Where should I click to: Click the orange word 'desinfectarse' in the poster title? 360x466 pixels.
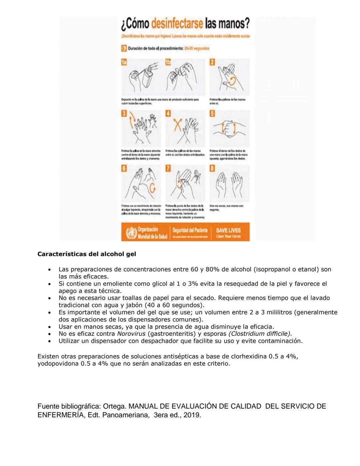(x=177, y=23)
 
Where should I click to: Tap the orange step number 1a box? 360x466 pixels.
(x=124, y=62)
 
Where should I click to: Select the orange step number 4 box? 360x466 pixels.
(x=168, y=113)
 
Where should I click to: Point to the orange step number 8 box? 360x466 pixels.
(x=212, y=168)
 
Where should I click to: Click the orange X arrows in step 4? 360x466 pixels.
(x=178, y=126)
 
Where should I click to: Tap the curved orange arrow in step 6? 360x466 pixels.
(x=152, y=188)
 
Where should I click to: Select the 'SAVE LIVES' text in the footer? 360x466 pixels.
(x=228, y=230)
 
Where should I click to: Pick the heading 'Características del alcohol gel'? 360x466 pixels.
(x=87, y=254)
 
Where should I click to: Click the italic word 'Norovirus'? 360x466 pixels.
(x=131, y=334)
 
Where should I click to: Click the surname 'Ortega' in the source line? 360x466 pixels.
(x=114, y=406)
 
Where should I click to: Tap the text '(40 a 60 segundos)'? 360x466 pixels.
(x=174, y=305)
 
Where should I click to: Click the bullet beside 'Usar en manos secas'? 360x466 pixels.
(x=49, y=327)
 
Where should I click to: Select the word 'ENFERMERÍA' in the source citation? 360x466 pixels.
(x=61, y=415)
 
